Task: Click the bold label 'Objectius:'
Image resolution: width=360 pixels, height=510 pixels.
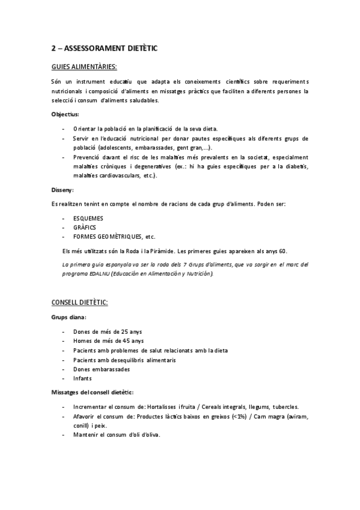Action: [66, 114]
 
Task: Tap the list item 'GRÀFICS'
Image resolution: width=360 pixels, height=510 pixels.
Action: [85, 227]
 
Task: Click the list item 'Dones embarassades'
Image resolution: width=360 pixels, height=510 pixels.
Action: [98, 369]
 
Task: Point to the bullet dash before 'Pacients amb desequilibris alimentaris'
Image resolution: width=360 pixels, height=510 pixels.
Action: [64, 360]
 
